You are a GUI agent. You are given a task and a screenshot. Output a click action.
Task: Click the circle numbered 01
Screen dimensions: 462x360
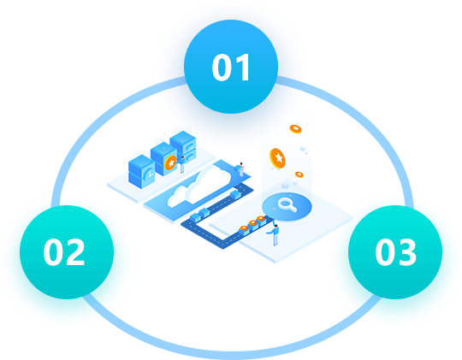(231, 67)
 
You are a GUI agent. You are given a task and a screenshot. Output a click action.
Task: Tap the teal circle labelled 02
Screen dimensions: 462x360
(67, 252)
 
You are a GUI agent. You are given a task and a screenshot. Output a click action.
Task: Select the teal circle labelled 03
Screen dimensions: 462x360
(395, 252)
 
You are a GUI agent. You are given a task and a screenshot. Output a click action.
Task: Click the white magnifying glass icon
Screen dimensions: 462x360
(287, 204)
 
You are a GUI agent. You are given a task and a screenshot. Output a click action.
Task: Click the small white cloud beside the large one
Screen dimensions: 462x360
(177, 196)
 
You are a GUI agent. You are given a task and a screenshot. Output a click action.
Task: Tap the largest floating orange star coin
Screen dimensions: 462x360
(277, 158)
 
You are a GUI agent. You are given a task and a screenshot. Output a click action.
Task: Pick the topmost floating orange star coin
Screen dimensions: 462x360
(295, 129)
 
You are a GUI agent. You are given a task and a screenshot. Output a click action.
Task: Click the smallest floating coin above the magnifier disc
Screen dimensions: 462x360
(299, 174)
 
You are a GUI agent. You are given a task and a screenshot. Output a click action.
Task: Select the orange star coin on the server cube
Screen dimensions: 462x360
(170, 162)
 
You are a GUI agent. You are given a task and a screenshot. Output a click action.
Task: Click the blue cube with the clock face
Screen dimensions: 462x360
(142, 172)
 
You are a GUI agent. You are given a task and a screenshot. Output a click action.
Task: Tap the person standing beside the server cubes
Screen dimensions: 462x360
(182, 164)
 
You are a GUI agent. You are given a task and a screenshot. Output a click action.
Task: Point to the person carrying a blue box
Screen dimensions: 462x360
(240, 169)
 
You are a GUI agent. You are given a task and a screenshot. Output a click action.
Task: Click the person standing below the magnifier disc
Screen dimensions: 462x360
(275, 234)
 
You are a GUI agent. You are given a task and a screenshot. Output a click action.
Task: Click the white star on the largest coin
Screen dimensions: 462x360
(279, 158)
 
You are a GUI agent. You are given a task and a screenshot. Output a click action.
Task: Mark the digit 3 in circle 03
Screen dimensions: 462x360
(406, 252)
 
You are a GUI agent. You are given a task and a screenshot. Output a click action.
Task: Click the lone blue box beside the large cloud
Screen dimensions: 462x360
(236, 194)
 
